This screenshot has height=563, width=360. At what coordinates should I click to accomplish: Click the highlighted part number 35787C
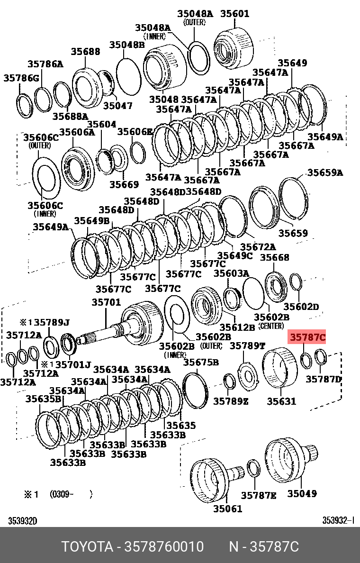pos(308,337)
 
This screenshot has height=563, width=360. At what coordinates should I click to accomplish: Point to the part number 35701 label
pos(106,302)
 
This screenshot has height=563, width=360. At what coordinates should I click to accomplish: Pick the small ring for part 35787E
pos(253,469)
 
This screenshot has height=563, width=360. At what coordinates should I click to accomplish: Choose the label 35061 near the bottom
pos(227,509)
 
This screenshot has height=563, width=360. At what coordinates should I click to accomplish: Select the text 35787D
pos(324,379)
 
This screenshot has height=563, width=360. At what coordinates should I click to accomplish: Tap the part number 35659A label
pos(325,173)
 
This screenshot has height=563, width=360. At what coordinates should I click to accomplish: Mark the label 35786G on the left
pos(22,78)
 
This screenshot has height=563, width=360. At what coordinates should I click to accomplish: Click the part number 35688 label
pos(86,51)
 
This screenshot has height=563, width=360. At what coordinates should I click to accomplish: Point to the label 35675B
pos(201,363)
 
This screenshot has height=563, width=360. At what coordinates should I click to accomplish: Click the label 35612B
pos(237,327)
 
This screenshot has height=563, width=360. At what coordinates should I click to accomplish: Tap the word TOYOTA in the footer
pos(87,547)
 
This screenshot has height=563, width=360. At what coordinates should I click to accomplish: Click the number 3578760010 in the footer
pos(163,547)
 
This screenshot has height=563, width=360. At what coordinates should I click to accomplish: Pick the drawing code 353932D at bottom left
pos(22,521)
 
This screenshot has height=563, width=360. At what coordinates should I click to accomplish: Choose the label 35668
pos(274,257)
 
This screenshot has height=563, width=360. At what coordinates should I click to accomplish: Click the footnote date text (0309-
pos(63,494)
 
